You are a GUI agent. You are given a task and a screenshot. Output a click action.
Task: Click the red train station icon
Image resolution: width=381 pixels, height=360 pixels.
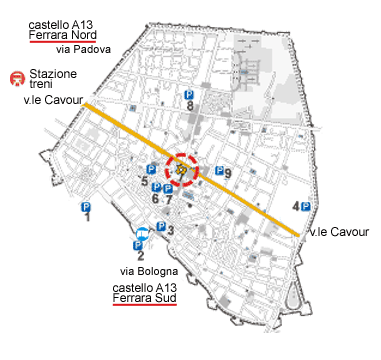16,78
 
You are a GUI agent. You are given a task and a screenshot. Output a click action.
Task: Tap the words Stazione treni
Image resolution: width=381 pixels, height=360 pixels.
52,79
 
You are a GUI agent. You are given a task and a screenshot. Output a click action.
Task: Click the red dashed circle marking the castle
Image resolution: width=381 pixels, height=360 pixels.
182,169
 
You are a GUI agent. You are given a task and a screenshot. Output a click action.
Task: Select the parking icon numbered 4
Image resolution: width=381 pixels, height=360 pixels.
305,207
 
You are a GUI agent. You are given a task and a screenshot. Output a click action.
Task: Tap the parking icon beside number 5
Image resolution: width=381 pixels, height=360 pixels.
151,170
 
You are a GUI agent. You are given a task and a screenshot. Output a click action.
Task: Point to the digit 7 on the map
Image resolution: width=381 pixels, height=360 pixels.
168,199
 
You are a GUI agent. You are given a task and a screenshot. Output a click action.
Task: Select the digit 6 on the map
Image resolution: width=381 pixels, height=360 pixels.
155,199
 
